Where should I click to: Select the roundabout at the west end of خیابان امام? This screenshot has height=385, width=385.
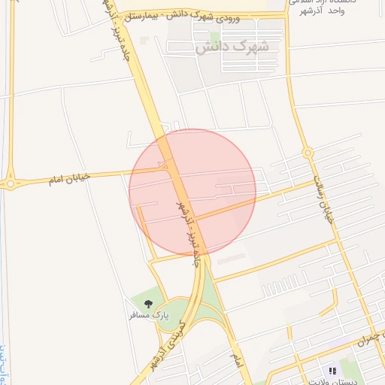[11, 183]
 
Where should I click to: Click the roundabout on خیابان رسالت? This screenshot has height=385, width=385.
[308, 153]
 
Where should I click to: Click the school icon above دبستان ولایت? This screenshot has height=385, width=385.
[332, 371]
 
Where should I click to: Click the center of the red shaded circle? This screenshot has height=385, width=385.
[192, 192]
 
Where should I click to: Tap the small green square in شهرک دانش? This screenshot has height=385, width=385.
[215, 37]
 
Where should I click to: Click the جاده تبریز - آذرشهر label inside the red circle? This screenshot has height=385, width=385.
[186, 226]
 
